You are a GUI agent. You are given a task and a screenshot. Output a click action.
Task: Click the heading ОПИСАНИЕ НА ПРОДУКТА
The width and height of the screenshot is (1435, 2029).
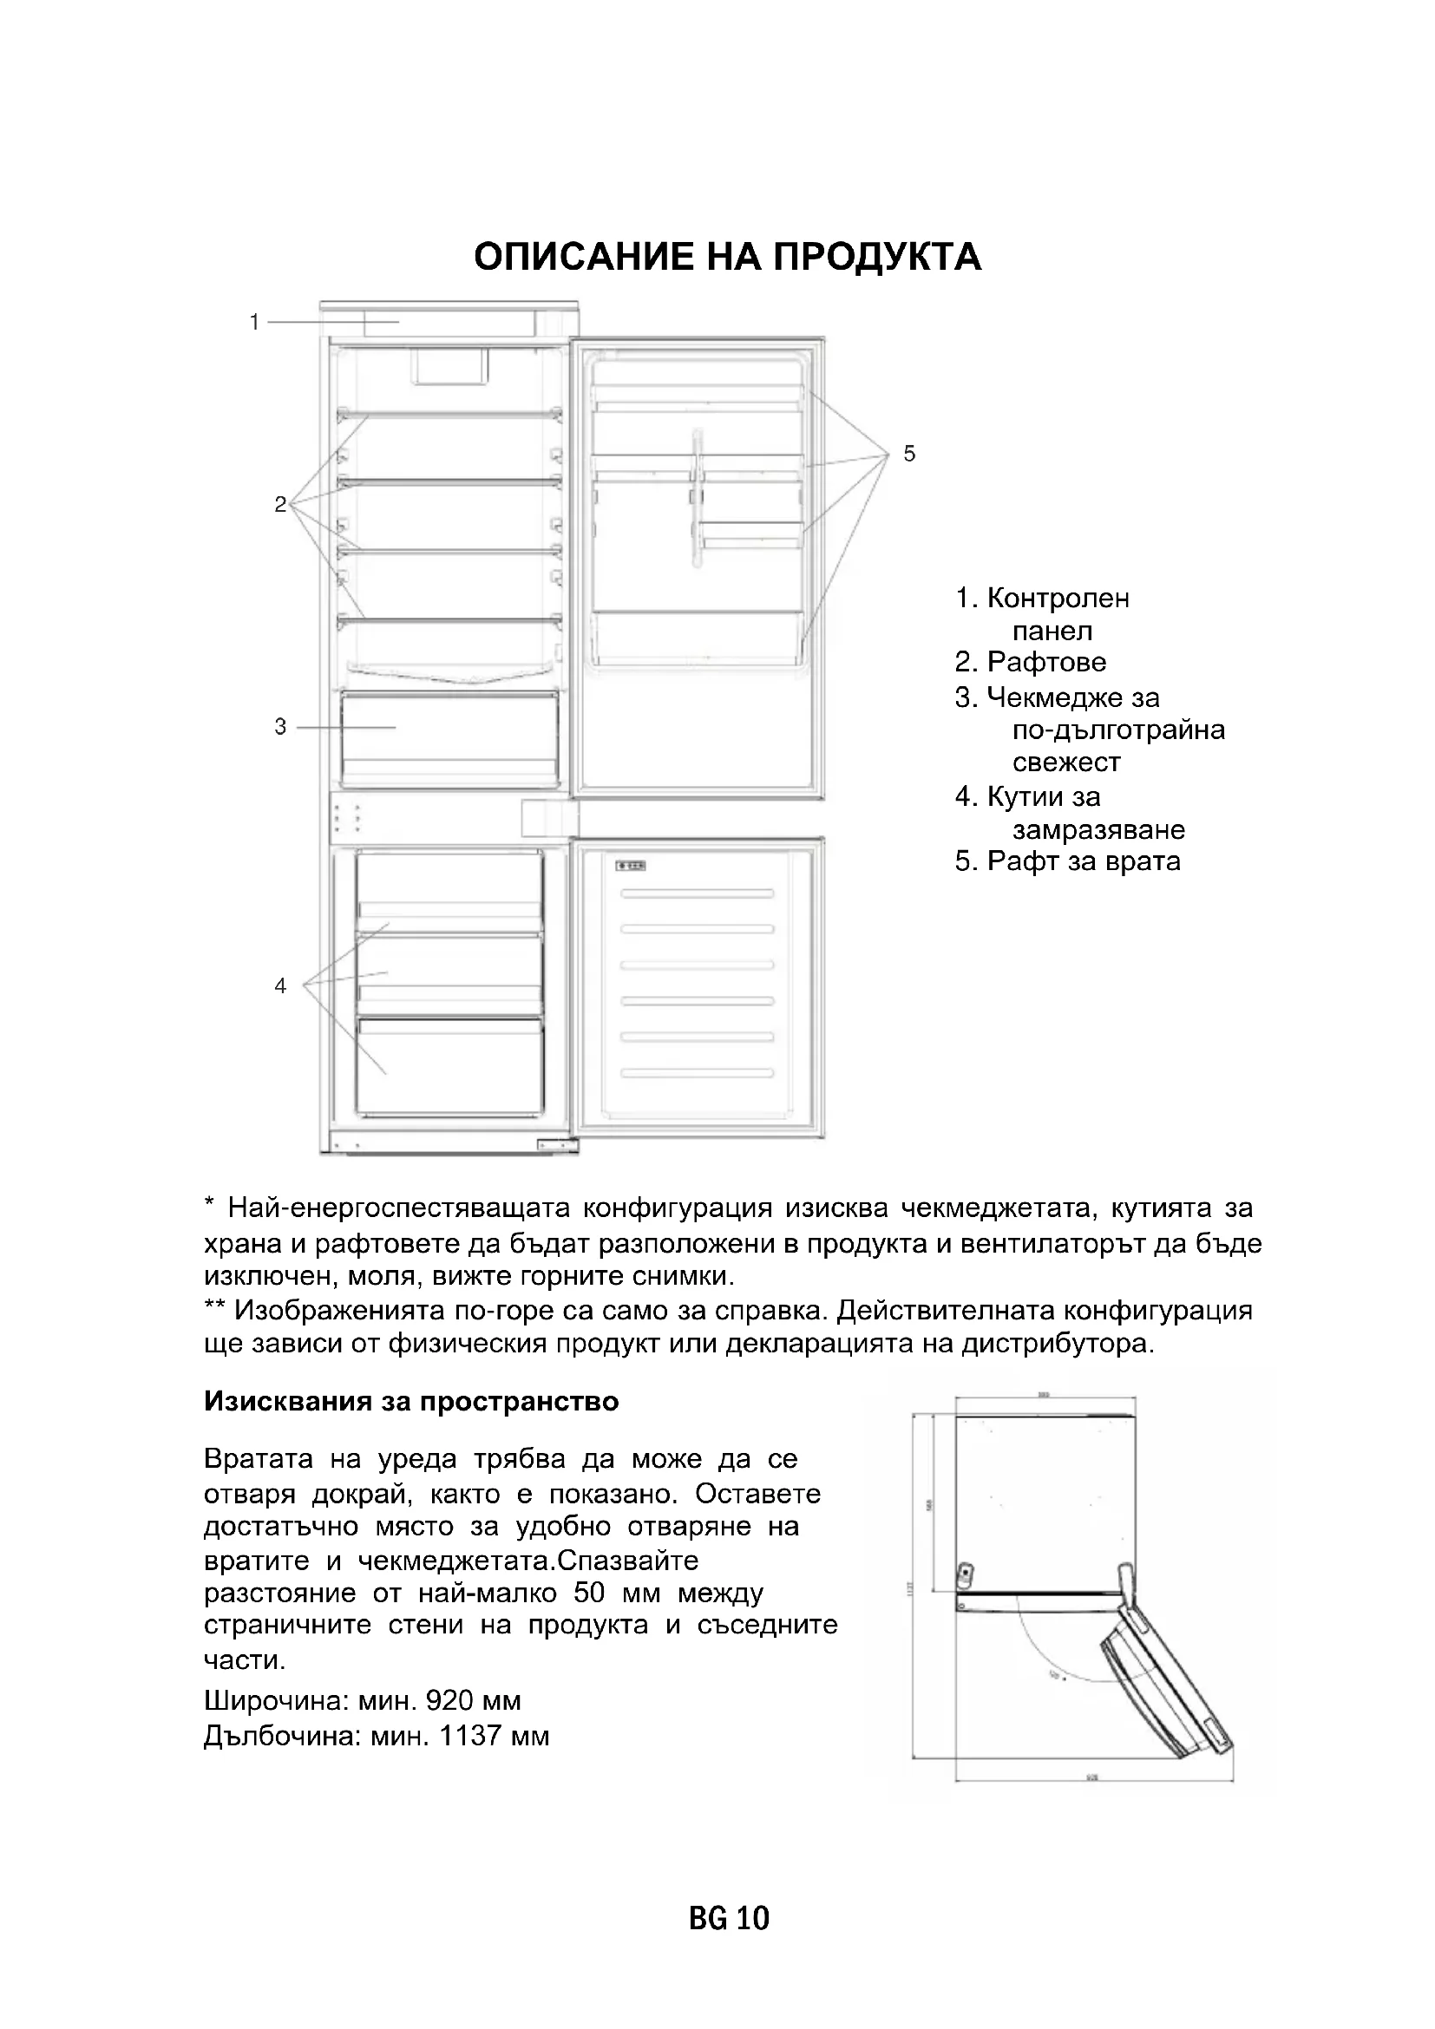(x=727, y=257)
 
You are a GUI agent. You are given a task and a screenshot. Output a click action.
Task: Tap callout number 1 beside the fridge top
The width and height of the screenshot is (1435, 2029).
(x=254, y=323)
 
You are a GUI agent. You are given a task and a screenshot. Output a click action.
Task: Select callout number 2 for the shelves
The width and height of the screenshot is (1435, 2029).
(x=280, y=505)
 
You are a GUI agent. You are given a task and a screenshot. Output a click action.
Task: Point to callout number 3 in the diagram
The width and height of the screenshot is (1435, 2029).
(x=280, y=727)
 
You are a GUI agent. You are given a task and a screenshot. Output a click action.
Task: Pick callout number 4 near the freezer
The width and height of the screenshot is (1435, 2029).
(x=280, y=985)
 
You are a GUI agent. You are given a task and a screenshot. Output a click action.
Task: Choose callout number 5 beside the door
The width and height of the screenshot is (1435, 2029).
(x=909, y=455)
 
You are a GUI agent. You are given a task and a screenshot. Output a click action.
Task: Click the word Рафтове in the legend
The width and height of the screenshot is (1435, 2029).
(x=1046, y=662)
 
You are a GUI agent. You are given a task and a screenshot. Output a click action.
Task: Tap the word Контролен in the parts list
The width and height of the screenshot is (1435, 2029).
(x=1058, y=599)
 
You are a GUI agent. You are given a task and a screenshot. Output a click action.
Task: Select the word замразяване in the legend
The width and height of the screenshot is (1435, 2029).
(x=1098, y=830)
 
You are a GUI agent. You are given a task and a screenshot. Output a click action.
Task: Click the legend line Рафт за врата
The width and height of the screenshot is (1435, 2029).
(x=1067, y=861)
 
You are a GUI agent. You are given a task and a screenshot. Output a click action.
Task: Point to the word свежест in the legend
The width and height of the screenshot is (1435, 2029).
(x=1066, y=763)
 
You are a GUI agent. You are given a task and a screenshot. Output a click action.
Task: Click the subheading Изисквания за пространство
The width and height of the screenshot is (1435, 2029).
(x=411, y=1403)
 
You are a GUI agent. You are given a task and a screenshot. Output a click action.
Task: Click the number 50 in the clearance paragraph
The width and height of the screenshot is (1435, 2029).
(x=590, y=1594)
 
